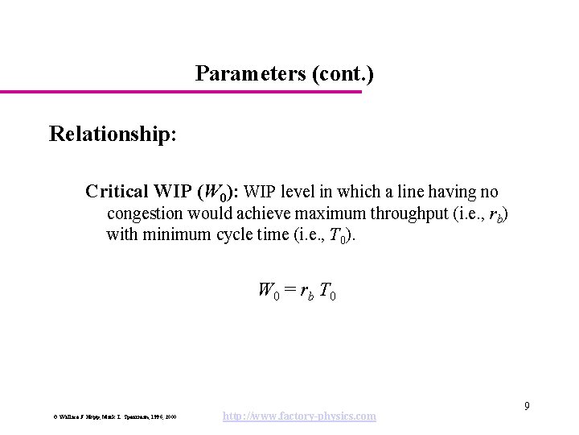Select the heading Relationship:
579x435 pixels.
click(x=113, y=133)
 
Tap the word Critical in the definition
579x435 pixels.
click(x=117, y=193)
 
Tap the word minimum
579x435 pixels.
click(x=180, y=235)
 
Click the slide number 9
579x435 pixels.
click(x=527, y=405)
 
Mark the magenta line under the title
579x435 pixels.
click(x=181, y=92)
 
